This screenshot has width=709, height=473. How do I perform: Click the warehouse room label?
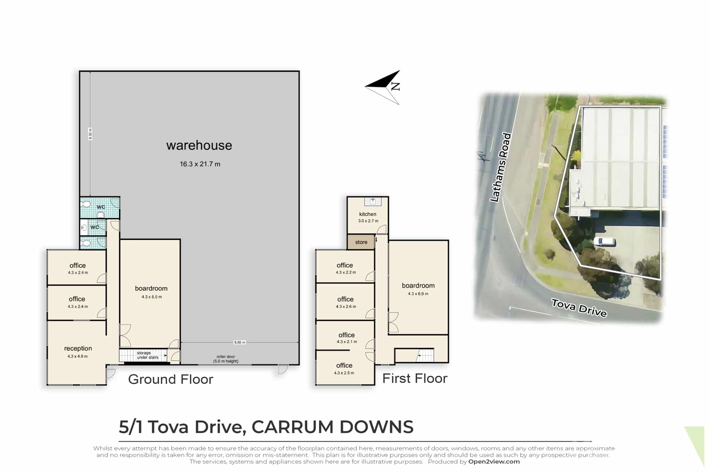click(199, 145)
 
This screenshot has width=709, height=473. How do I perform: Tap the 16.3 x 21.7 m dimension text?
click(200, 164)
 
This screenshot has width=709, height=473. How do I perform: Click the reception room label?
click(78, 348)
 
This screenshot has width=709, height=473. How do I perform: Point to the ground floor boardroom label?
click(151, 288)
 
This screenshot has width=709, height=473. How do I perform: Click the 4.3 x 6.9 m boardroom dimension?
click(418, 294)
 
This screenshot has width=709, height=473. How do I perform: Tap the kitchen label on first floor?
click(368, 214)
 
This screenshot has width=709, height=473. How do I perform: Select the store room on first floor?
click(361, 242)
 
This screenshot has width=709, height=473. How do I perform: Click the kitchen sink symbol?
click(373, 202)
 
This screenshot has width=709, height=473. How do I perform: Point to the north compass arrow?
click(383, 87)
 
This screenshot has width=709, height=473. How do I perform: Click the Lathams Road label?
click(500, 167)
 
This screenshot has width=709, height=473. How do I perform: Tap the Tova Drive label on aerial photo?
click(579, 308)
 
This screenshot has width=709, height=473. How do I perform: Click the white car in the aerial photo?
click(604, 242)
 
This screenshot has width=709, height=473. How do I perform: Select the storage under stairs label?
click(147, 355)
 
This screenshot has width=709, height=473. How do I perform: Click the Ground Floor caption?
click(171, 380)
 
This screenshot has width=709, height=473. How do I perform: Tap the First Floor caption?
click(415, 378)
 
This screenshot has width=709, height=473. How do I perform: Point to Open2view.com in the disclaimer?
click(494, 462)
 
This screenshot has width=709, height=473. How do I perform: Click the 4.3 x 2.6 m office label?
click(346, 307)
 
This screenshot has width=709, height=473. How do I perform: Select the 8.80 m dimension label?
click(240, 343)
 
